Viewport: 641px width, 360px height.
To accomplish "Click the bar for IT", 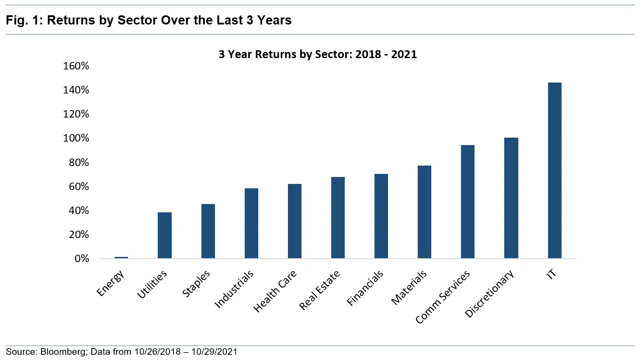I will (x=554, y=170).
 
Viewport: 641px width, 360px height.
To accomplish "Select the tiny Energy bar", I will (x=121, y=258).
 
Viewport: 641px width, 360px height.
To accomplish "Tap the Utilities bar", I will (x=165, y=235).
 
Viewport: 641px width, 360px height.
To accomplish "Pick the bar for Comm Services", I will (x=468, y=201).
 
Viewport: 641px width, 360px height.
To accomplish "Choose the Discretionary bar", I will (x=511, y=198).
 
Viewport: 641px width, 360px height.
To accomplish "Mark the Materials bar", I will (x=424, y=212).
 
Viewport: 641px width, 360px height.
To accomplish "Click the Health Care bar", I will (x=295, y=221).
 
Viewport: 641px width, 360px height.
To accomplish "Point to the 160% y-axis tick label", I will (x=76, y=66).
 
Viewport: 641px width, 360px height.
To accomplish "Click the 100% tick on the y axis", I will (x=76, y=138).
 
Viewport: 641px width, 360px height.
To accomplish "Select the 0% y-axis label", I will (x=82, y=259).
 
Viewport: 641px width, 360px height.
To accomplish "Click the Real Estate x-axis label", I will (x=319, y=291).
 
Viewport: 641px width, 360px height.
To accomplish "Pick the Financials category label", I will (x=365, y=288).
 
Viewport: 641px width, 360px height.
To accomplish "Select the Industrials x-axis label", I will (x=234, y=289).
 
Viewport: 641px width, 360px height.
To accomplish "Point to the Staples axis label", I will (x=196, y=284).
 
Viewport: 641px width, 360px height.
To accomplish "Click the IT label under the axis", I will (x=551, y=274).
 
